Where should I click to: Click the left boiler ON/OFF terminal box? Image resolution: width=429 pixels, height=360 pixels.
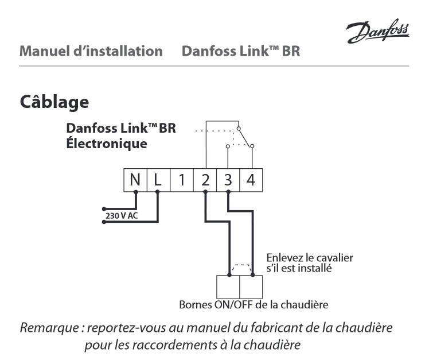click(x=228, y=285)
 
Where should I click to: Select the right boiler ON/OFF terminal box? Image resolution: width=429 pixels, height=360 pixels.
click(x=251, y=285)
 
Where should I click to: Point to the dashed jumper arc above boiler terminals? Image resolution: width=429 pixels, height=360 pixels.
click(x=240, y=265)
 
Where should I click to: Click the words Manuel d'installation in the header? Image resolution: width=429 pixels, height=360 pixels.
click(x=88, y=52)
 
